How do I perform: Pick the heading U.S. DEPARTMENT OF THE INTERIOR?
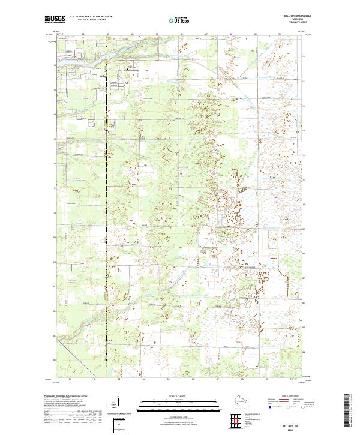coord(95,16)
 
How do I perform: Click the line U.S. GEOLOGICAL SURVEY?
coord(95,20)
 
